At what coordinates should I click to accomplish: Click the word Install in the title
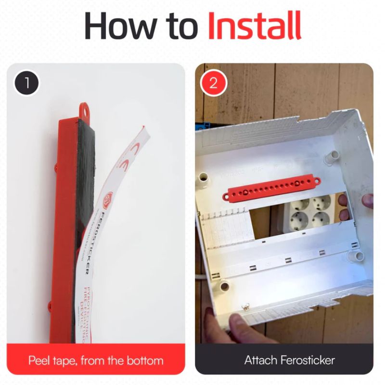[254, 26]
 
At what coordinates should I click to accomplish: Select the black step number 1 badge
[27, 83]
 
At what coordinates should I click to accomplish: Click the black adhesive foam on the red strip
[86, 192]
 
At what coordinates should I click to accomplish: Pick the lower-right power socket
[321, 219]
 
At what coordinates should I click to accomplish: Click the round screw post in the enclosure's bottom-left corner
[224, 287]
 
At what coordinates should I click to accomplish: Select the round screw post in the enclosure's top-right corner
[331, 155]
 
